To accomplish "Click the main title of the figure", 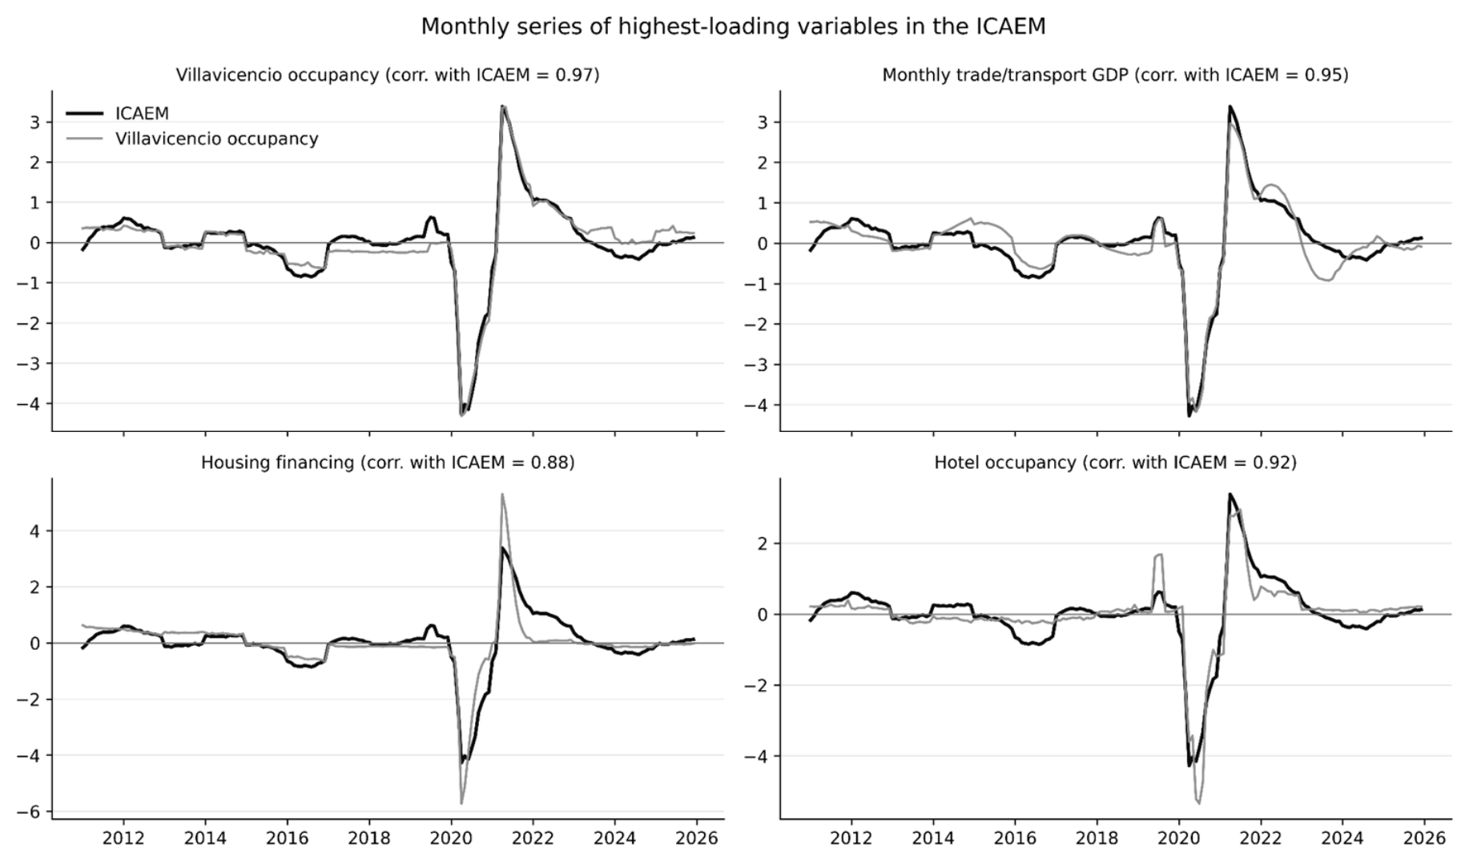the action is (733, 26).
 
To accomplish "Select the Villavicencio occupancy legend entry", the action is (191, 139).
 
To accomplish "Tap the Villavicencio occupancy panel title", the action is (388, 75).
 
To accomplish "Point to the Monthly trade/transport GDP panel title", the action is (1115, 75).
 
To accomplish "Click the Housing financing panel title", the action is (388, 462).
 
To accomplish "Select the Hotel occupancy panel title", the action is (1115, 462).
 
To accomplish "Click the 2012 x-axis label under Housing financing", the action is (123, 838).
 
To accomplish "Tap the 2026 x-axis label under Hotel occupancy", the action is (1424, 838).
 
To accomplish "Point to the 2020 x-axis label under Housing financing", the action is (451, 838).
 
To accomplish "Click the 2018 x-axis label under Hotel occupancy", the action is (1097, 838).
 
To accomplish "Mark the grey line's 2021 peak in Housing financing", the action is (501, 495).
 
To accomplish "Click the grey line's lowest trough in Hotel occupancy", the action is (1198, 802).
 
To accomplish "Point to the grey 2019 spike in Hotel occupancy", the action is (1158, 555).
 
